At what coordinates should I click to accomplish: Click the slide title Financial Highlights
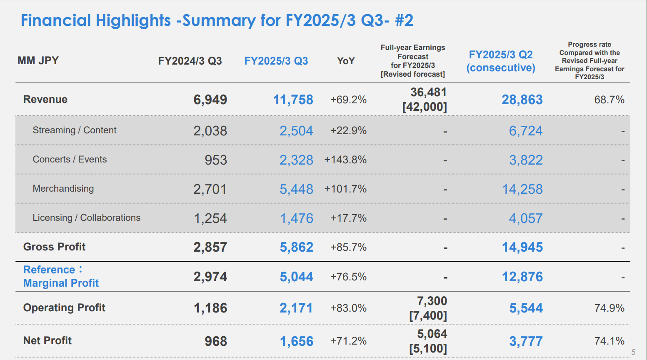point(217,20)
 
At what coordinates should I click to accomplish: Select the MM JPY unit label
point(38,61)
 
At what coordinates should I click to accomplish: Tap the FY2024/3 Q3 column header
point(190,61)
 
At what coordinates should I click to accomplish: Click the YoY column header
point(346,61)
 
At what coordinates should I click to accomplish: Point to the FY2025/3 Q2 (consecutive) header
point(501,61)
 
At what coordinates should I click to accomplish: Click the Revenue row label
point(45,100)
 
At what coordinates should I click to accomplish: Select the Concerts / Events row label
point(70,160)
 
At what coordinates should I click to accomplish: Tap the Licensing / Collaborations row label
point(87,218)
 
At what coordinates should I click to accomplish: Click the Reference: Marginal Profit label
point(61,276)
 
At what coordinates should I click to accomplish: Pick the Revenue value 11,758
point(293,100)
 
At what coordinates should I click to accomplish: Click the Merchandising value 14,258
point(522,189)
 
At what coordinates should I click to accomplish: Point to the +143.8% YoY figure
point(345,160)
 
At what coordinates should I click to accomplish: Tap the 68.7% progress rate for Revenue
point(609,100)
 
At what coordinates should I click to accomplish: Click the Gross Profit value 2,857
point(210,247)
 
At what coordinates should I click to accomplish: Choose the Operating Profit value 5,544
point(526,308)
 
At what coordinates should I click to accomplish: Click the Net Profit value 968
point(216,342)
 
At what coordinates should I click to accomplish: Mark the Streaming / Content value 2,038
point(210,131)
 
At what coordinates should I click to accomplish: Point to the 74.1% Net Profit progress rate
point(609,341)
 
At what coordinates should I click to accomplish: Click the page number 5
point(633,352)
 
